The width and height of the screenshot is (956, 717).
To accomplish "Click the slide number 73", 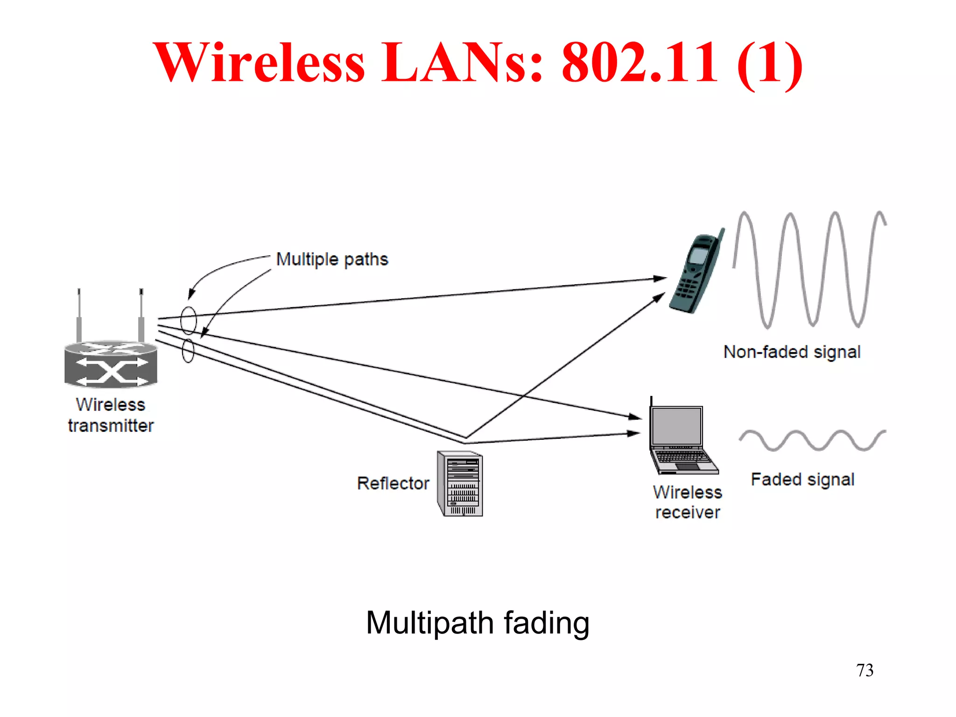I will pyautogui.click(x=865, y=670).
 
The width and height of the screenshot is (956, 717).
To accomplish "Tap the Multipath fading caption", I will pyautogui.click(x=478, y=623).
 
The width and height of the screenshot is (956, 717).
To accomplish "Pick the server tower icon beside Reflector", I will pyautogui.click(x=460, y=484).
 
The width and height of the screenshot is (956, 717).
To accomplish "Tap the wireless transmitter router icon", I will pyautogui.click(x=111, y=364).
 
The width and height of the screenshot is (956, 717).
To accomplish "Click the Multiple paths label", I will pyautogui.click(x=332, y=259).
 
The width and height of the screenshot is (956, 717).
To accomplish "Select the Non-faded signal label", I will pyautogui.click(x=792, y=352).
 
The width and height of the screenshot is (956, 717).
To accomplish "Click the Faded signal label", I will pyautogui.click(x=802, y=479).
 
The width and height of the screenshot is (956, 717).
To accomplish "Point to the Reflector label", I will pyautogui.click(x=393, y=483).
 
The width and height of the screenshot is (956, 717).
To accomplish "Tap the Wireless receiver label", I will pyautogui.click(x=687, y=502).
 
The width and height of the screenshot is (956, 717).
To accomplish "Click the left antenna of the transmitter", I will pyautogui.click(x=79, y=315).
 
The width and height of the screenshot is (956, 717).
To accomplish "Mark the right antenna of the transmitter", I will pyautogui.click(x=141, y=315).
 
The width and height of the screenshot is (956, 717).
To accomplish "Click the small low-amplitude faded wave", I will pyautogui.click(x=812, y=440).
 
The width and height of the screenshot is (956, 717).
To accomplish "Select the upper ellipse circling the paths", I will pyautogui.click(x=189, y=320).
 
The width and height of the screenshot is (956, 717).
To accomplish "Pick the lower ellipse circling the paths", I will pyautogui.click(x=188, y=351).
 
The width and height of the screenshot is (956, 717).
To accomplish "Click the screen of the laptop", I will pyautogui.click(x=677, y=426).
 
